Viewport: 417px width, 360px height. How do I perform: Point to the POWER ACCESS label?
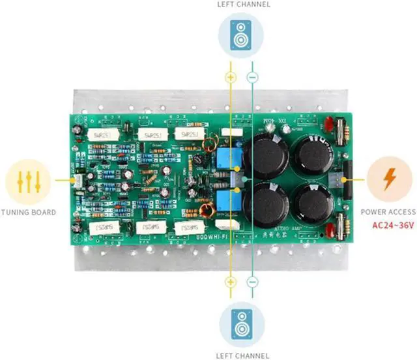(389, 212)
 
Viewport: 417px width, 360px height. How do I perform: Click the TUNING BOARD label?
(28, 212)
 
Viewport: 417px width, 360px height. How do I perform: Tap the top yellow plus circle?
(229, 77)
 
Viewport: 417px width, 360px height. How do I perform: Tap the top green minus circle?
(252, 77)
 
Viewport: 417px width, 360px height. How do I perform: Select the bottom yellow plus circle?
(229, 282)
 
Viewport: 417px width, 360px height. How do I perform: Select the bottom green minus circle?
(252, 282)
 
